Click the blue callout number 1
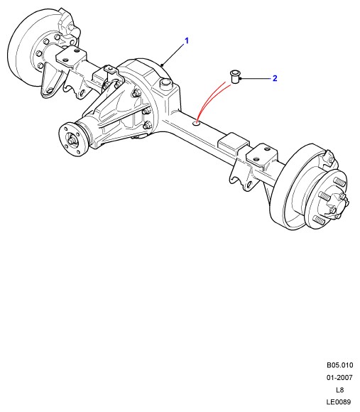coord(187,41)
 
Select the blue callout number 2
coord(275,78)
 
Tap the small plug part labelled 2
coord(234,77)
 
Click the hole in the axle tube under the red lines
coord(197,123)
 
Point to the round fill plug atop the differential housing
coord(166,84)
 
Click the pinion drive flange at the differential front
coord(72,140)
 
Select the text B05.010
coord(340,365)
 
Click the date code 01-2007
coord(339,378)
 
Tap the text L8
coord(340,390)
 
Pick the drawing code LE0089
coord(339,402)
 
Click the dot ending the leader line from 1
coord(163,65)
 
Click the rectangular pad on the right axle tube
coord(233,142)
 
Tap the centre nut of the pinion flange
coord(72,141)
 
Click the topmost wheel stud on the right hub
coord(339,181)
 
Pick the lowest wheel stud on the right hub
coord(320,219)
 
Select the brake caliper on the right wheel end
coord(327,158)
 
